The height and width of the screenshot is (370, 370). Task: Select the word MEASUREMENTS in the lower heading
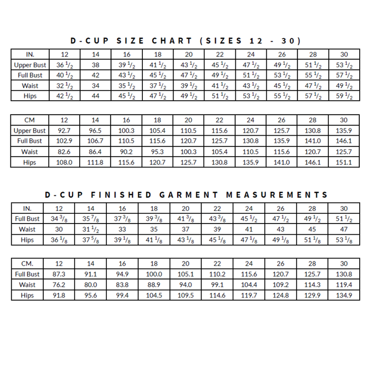277,195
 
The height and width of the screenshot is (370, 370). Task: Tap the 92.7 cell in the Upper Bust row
65,131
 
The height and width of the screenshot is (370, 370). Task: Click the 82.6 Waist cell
65,152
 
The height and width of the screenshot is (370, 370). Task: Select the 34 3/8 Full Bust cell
59,219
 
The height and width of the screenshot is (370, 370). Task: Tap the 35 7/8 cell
90,219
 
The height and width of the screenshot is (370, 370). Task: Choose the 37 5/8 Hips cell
90,240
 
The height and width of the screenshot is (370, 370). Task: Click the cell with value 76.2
59,285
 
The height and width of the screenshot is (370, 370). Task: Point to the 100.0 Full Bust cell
154,274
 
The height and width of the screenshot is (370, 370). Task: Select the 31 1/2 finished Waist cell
90,230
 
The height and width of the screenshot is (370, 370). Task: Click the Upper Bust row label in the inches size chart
30,65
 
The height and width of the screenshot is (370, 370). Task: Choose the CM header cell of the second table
30,120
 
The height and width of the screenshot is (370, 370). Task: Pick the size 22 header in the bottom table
217,264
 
